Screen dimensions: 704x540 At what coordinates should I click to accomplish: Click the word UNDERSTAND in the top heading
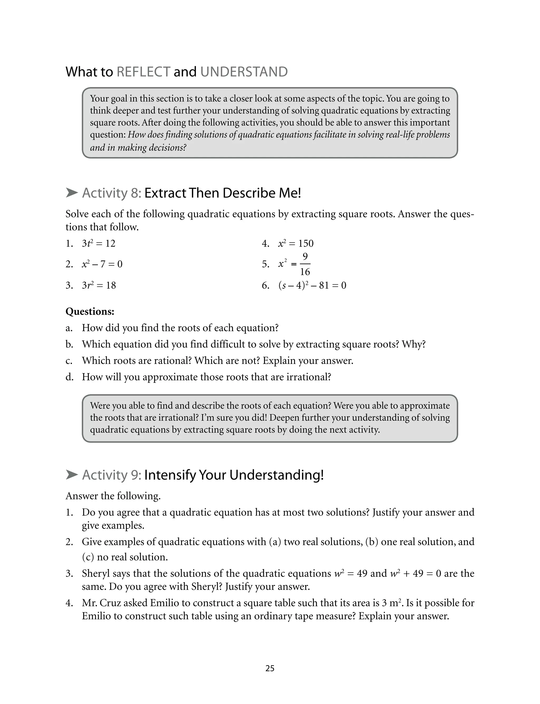(x=244, y=72)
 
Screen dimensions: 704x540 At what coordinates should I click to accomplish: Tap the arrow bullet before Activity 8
(x=72, y=193)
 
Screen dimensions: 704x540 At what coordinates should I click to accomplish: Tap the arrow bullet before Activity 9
(x=72, y=475)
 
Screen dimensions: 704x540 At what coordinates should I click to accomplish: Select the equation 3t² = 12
(x=98, y=243)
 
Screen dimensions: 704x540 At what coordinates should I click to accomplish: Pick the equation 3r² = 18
(x=99, y=285)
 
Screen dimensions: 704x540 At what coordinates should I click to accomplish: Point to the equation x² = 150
(x=296, y=243)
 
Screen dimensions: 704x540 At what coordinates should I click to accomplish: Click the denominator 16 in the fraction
(x=305, y=272)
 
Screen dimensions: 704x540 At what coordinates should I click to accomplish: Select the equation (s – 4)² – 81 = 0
(x=312, y=285)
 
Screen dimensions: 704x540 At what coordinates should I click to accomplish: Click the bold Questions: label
(x=90, y=311)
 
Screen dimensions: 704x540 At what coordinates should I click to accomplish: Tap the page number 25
(x=270, y=668)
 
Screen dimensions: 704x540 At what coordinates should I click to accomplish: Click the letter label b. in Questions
(x=69, y=344)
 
